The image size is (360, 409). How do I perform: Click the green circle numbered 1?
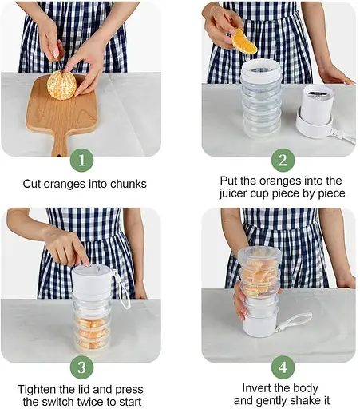pos(81,161)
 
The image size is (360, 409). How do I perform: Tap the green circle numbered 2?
pos(283,161)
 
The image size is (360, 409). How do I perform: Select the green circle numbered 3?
pos(81,367)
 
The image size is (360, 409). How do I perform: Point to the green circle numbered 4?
pos(283,367)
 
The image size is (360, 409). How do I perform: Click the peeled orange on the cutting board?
pos(61,85)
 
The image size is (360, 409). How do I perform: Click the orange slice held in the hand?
pos(243,42)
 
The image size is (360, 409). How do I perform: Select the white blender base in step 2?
pos(315,112)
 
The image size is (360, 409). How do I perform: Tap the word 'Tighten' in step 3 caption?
pos(37,390)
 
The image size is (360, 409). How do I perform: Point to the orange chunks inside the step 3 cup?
pos(92,332)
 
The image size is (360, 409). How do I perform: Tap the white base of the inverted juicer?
pos(260,326)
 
